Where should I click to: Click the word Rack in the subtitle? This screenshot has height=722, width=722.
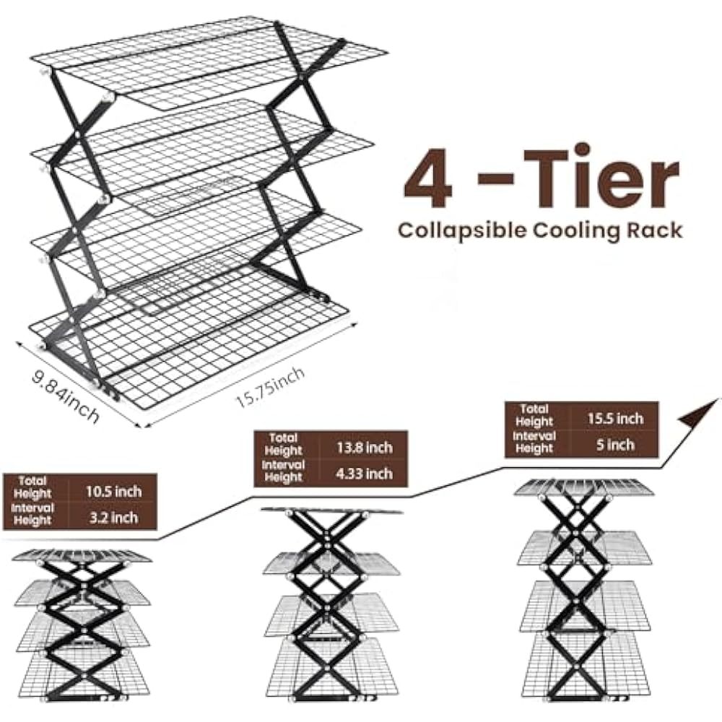654,230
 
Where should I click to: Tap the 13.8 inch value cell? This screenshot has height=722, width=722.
363,448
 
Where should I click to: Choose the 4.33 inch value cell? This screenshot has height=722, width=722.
363,474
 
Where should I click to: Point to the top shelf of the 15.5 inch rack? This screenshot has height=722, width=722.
583,487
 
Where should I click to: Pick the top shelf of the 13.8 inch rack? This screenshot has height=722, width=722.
332,511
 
